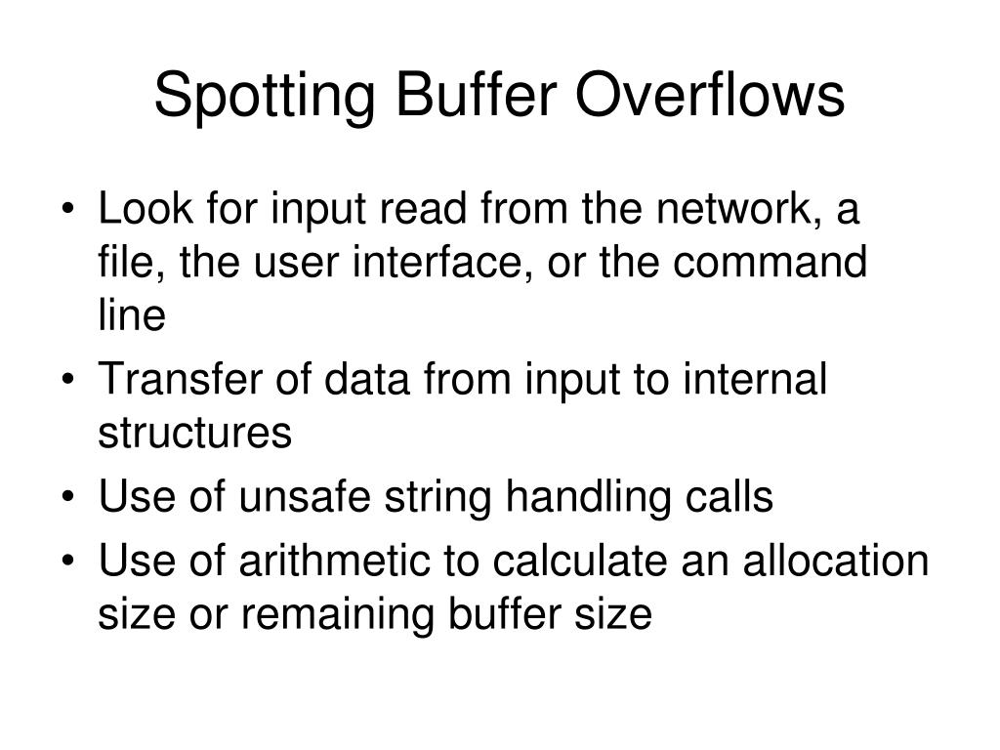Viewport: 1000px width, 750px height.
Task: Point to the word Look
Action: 137,211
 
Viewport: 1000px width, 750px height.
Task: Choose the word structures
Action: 194,432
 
